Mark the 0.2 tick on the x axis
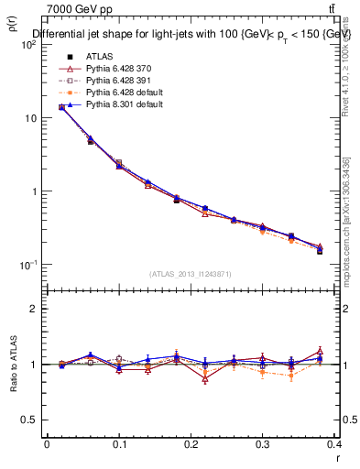191,444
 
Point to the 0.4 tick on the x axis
336,444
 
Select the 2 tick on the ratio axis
31,309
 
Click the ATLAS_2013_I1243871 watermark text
191,274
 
